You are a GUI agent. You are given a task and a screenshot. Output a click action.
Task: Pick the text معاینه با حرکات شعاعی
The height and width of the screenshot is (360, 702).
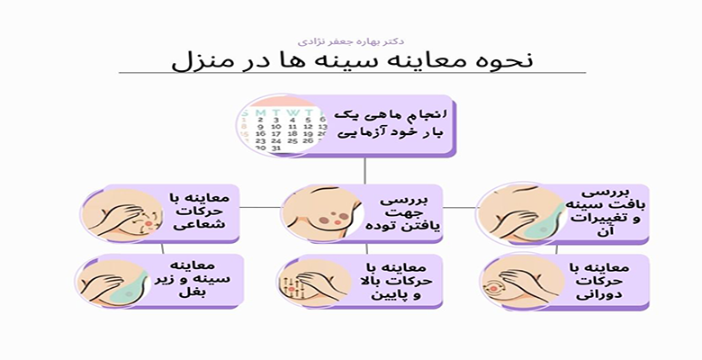(199, 212)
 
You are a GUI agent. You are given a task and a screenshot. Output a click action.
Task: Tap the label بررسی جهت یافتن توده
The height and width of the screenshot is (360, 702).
(400, 212)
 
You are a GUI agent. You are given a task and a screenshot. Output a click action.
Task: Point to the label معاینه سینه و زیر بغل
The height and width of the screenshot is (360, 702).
(199, 281)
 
